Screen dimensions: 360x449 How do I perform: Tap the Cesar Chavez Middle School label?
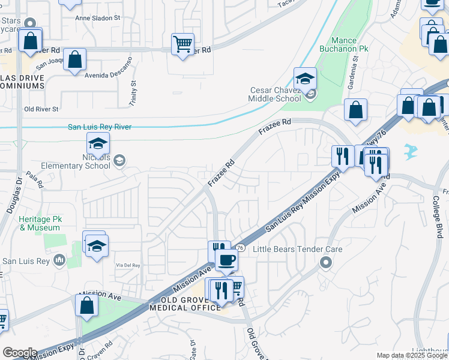coord(276,95)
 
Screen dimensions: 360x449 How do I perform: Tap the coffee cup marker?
coord(226,260)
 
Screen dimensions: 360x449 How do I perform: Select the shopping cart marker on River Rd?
coord(182,44)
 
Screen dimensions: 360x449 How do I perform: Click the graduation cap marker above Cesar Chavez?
coord(305,79)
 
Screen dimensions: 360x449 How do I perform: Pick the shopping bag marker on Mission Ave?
coord(87,305)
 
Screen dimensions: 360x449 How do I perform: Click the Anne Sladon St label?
coord(98,18)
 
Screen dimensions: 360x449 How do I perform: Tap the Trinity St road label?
coord(133,91)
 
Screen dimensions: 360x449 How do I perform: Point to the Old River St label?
coord(41,109)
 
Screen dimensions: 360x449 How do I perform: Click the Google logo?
coord(20,353)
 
